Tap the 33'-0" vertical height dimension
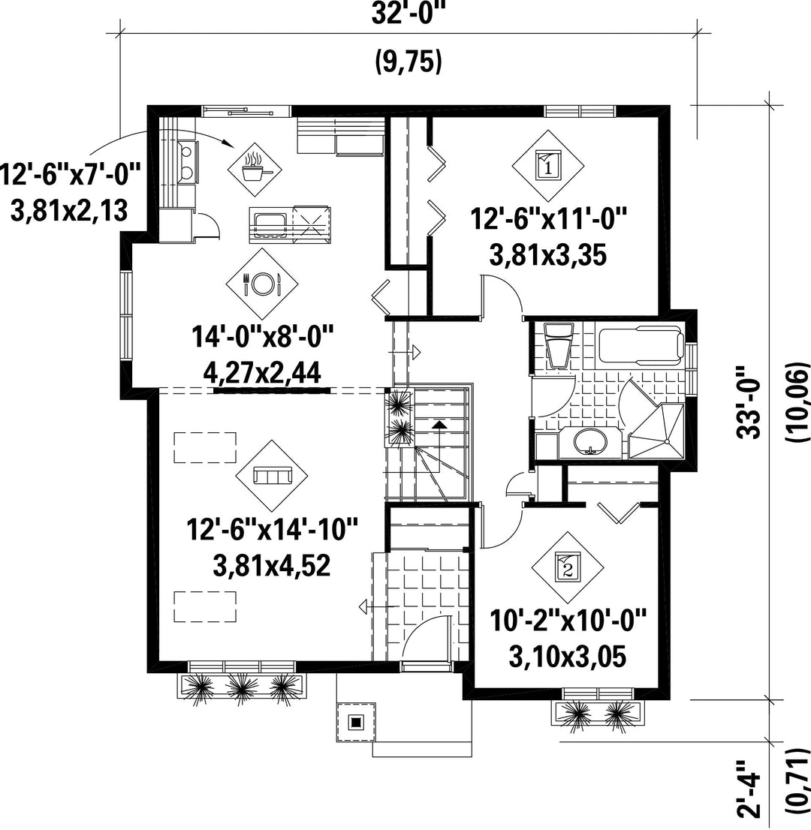click(749, 402)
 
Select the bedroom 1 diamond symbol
click(547, 166)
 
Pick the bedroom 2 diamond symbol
click(568, 567)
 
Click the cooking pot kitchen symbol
click(255, 168)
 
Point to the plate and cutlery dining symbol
click(261, 283)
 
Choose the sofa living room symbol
click(273, 475)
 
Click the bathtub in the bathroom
click(640, 345)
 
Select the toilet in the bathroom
click(559, 344)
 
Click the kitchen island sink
click(270, 224)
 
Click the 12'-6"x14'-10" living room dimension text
click(273, 529)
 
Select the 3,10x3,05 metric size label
click(568, 657)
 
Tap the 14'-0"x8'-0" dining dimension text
click(263, 337)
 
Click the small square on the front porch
click(356, 721)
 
